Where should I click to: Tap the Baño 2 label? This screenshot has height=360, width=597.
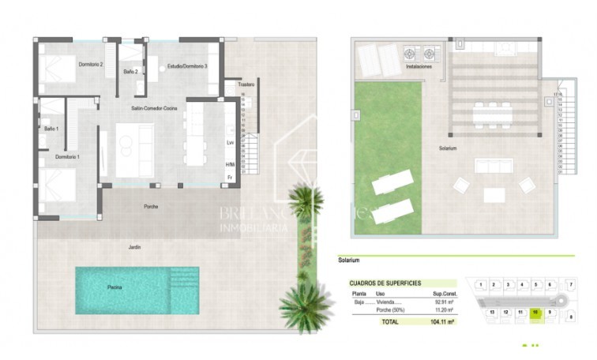[131, 72]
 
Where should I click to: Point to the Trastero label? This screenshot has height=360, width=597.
[246, 84]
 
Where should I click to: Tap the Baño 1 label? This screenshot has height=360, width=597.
[51, 128]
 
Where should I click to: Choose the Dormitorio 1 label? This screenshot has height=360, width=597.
[67, 157]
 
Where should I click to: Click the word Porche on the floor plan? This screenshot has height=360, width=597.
[150, 207]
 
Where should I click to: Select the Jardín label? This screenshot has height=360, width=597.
[136, 246]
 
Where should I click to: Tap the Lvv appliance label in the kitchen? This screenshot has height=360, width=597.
[230, 143]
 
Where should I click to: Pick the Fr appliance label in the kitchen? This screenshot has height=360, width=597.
[230, 178]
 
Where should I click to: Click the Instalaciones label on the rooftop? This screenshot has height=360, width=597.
[419, 67]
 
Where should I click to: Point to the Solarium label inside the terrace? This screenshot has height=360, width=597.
[449, 148]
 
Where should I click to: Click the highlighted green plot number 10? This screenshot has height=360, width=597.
[535, 313]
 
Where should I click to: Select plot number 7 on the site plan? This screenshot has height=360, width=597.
[571, 283]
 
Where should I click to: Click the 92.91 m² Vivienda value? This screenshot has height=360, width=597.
[442, 301]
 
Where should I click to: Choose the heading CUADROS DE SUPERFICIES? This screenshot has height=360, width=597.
[386, 283]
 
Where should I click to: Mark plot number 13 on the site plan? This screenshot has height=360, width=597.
[491, 313]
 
